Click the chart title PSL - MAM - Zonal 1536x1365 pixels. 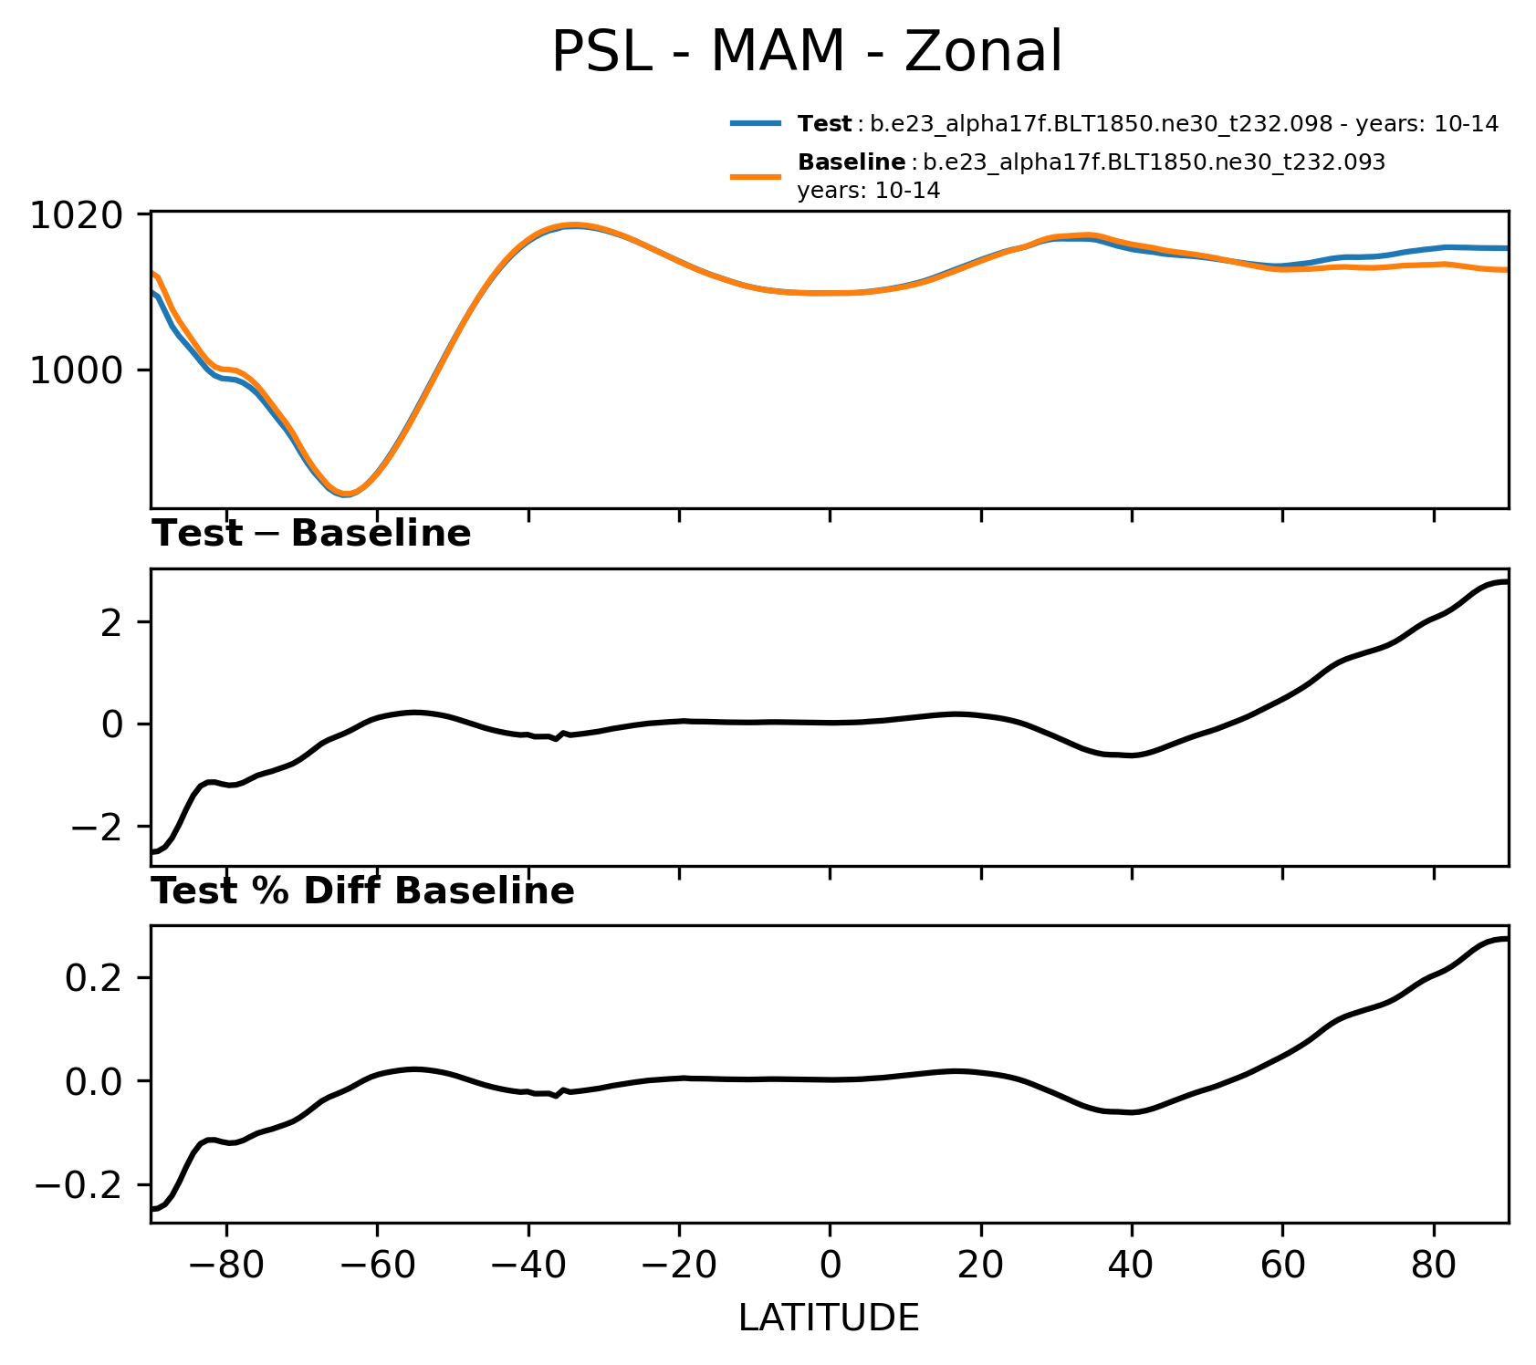click(807, 52)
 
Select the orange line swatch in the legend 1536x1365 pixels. click(756, 176)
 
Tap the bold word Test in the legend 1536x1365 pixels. click(824, 124)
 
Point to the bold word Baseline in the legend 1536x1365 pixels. click(851, 162)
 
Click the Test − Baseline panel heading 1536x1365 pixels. click(311, 534)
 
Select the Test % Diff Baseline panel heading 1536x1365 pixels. click(362, 891)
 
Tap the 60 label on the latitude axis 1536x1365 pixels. click(1282, 1266)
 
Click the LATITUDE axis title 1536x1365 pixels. click(829, 1318)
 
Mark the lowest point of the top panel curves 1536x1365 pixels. click(346, 495)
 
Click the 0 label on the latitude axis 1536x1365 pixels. click(830, 1266)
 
